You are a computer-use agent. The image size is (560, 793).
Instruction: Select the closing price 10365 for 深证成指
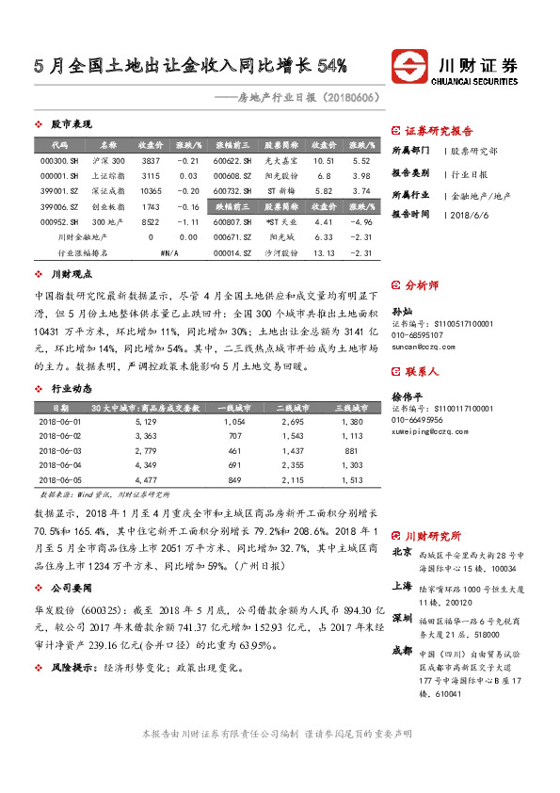[x=151, y=191]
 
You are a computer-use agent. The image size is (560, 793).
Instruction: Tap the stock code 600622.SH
[x=232, y=161]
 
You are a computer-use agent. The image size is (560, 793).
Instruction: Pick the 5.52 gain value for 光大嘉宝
[x=360, y=161]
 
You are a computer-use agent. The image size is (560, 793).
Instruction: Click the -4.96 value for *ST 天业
[x=360, y=221]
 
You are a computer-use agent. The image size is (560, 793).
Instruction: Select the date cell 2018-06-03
[x=59, y=452]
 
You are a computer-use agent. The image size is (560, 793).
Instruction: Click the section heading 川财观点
[x=72, y=274]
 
